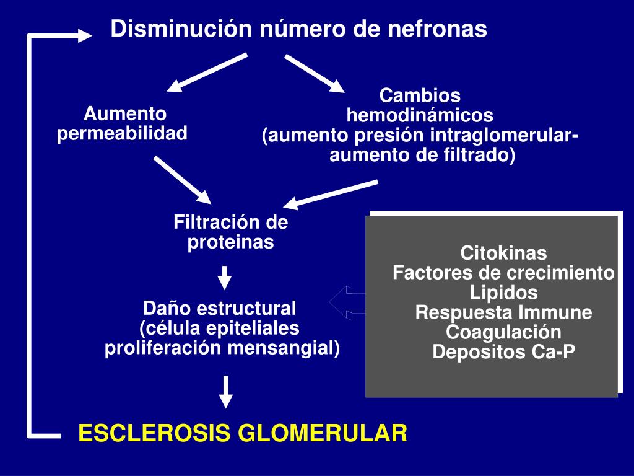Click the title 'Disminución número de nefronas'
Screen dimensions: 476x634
(x=299, y=29)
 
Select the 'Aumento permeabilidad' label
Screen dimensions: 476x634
(x=123, y=123)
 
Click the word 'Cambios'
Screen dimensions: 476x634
(x=420, y=96)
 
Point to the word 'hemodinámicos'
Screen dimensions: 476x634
(x=420, y=115)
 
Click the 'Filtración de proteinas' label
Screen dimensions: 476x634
(x=231, y=232)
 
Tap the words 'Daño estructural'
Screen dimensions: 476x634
(x=220, y=308)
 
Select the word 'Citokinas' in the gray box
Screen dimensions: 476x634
(x=503, y=253)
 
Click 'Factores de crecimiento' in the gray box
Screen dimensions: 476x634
(x=503, y=273)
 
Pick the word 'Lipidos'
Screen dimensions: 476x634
(x=503, y=293)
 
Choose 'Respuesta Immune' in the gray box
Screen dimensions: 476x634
(x=503, y=312)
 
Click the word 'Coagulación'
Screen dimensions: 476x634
(x=503, y=332)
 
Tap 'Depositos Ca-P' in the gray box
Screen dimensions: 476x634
(x=503, y=352)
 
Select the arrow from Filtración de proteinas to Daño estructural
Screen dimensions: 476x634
(x=225, y=278)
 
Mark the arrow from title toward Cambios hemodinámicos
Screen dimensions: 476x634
(x=314, y=73)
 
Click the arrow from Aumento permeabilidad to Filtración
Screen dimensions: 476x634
(x=183, y=180)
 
